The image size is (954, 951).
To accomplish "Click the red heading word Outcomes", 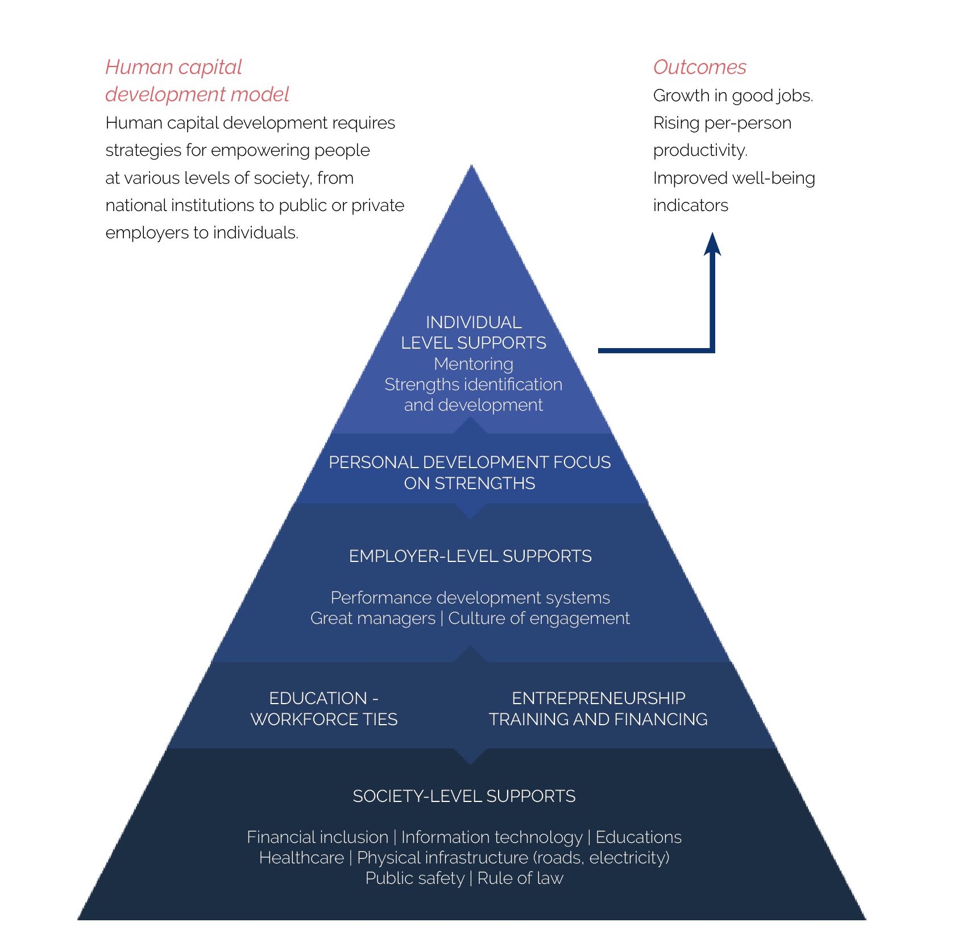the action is point(699,67).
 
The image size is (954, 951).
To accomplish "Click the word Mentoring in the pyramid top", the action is point(474,364).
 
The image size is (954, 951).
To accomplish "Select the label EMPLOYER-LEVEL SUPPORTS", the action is point(470,556).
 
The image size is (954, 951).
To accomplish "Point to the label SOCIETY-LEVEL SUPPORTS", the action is point(464,796).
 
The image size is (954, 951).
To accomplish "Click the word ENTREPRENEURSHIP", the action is point(599,698).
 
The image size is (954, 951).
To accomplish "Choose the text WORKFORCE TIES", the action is point(324,720).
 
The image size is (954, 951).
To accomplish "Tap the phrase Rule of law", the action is point(520,878).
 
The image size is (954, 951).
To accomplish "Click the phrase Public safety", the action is point(415,879).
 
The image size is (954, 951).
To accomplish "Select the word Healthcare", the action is point(301,858).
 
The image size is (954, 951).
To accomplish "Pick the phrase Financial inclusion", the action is point(317,837).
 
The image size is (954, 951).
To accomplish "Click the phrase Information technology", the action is point(492,838).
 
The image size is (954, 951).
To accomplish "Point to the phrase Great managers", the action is point(373,619).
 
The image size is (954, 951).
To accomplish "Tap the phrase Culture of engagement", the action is point(539,619).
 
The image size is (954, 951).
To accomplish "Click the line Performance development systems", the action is point(470,598).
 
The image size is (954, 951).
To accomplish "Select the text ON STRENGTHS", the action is point(470,483).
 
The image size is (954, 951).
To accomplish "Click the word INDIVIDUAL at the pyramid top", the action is point(474,322).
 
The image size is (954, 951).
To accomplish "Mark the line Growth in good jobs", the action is point(733,96).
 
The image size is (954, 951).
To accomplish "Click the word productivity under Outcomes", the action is point(700,151).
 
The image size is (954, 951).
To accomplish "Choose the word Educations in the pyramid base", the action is point(638,837).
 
